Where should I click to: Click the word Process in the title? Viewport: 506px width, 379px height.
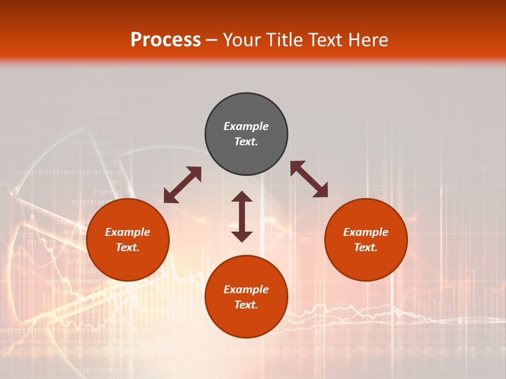pos(166,40)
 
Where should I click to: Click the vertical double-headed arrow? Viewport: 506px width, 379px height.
pos(242,216)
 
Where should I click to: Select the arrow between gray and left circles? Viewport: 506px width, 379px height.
pos(182,185)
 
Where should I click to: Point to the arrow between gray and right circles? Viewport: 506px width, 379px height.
pos(309,179)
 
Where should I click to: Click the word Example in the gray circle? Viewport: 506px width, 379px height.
pos(246,126)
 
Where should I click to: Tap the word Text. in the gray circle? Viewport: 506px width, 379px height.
pos(246,142)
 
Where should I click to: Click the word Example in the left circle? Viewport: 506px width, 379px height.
pos(128,232)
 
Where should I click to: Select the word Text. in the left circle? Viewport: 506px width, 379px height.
pos(128,247)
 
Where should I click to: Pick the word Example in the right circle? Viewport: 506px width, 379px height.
pos(366,232)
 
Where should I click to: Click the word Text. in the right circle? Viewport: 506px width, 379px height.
pos(366,247)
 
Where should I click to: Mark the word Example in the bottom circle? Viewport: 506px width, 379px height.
pos(246,290)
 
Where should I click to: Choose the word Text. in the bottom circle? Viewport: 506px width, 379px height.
pos(246,305)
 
